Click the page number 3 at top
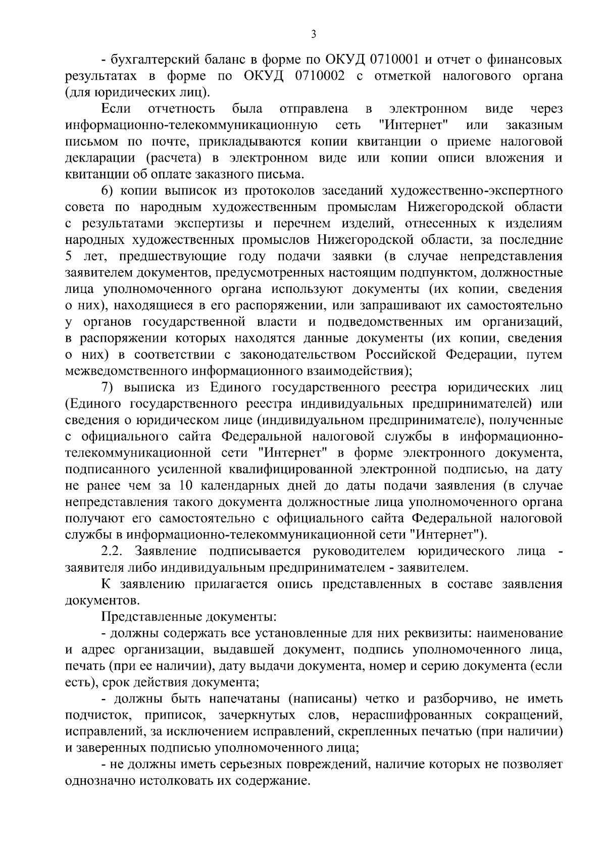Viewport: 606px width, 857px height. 314,34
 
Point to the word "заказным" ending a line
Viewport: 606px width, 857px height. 534,125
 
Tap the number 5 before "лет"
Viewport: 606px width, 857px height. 69,257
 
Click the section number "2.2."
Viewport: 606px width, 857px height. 113,551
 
